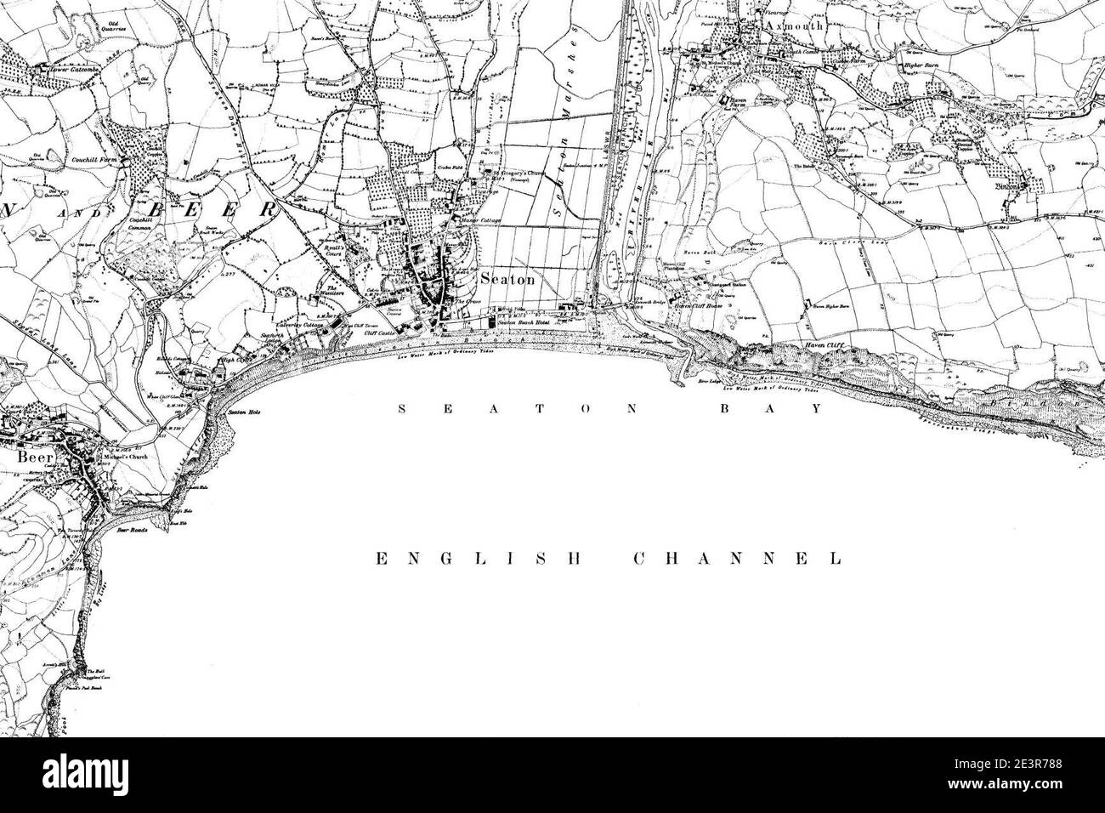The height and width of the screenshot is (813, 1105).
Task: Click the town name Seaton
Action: point(508,279)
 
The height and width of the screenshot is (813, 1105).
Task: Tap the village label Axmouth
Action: point(794,26)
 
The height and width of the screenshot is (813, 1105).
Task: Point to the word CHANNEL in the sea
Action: point(738,559)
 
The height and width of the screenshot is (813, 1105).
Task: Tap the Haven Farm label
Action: point(726,99)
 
